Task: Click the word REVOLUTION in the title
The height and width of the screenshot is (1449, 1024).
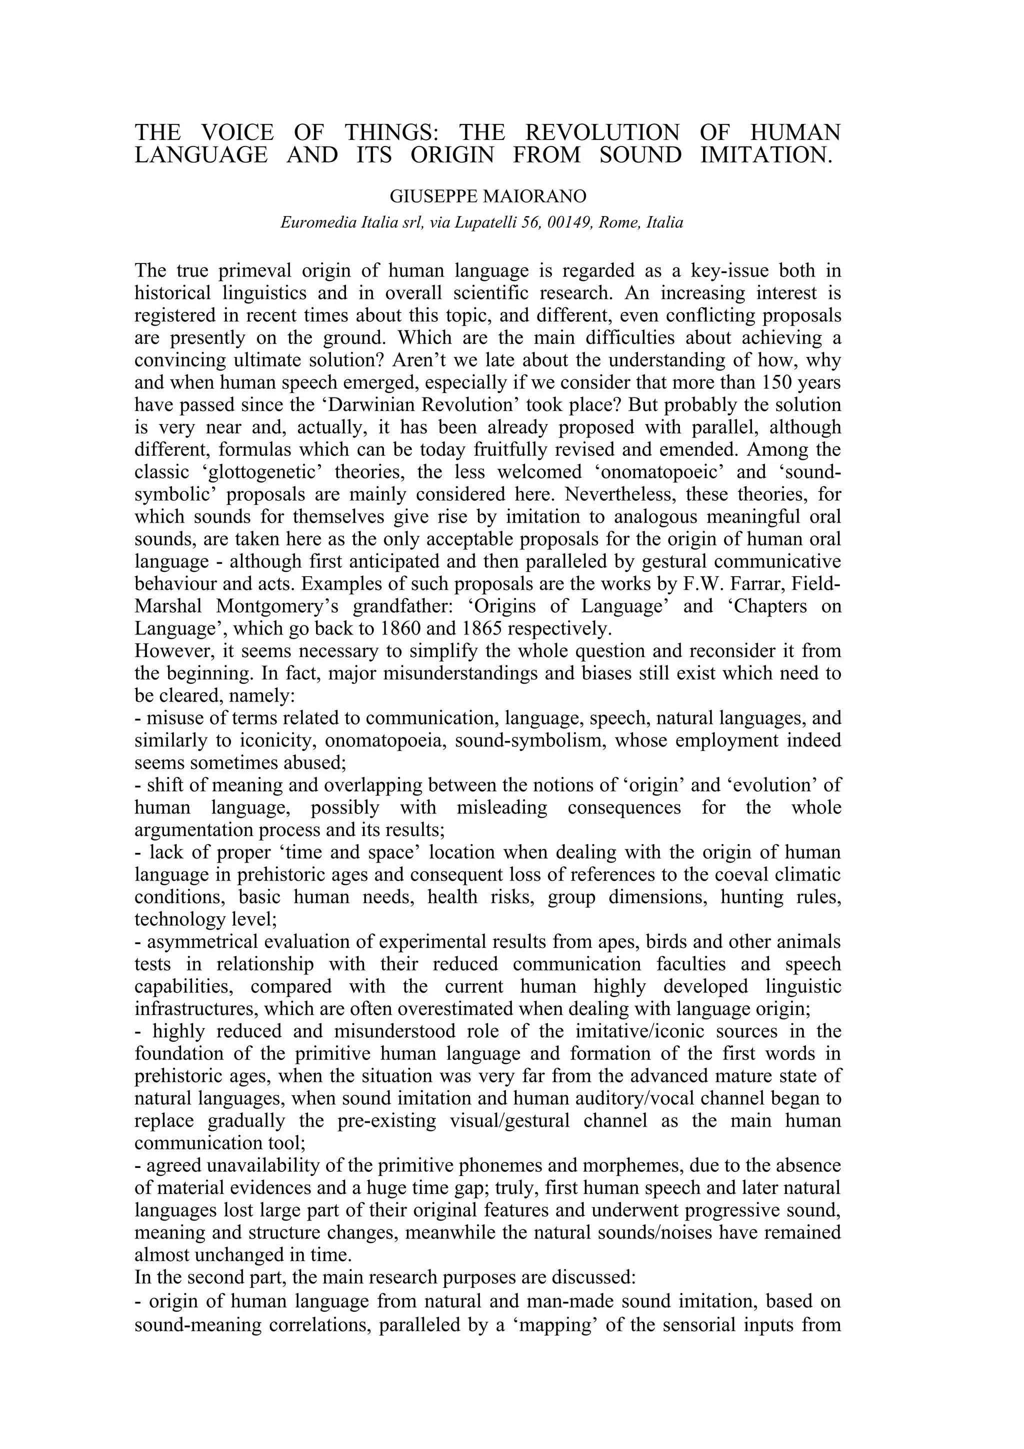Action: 602,132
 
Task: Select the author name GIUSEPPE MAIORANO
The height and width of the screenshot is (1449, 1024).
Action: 487,197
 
